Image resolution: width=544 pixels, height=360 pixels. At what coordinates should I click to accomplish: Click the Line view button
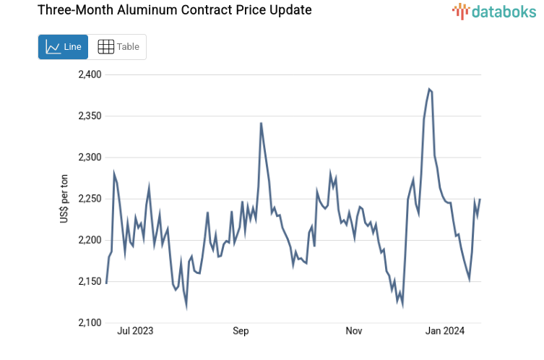tap(63, 47)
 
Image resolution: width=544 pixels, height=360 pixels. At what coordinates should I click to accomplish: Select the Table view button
tap(118, 47)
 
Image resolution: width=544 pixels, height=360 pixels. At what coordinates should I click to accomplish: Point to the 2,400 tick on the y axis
tap(90, 74)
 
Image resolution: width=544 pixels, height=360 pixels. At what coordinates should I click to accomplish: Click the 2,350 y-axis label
tap(90, 116)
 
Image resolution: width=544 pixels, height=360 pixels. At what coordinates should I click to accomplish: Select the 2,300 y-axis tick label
tap(90, 157)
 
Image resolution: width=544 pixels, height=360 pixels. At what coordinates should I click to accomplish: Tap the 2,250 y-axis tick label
tap(90, 199)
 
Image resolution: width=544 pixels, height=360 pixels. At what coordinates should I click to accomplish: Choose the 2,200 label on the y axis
tap(90, 240)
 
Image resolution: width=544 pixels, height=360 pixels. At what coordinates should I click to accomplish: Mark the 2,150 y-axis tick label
tap(90, 281)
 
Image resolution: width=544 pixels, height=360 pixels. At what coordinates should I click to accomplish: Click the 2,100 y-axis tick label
tap(90, 322)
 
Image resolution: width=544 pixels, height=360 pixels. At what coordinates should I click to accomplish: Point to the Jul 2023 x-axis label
tap(135, 331)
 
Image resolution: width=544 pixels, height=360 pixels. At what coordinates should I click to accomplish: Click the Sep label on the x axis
tap(241, 331)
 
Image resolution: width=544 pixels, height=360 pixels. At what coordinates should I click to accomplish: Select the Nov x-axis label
tap(353, 331)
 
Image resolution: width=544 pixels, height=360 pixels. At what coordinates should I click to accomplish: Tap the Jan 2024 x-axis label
tap(444, 331)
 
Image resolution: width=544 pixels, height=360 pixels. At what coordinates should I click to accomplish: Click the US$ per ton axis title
tap(64, 198)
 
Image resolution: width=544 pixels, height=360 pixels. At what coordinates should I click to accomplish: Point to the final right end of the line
tap(480, 200)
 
